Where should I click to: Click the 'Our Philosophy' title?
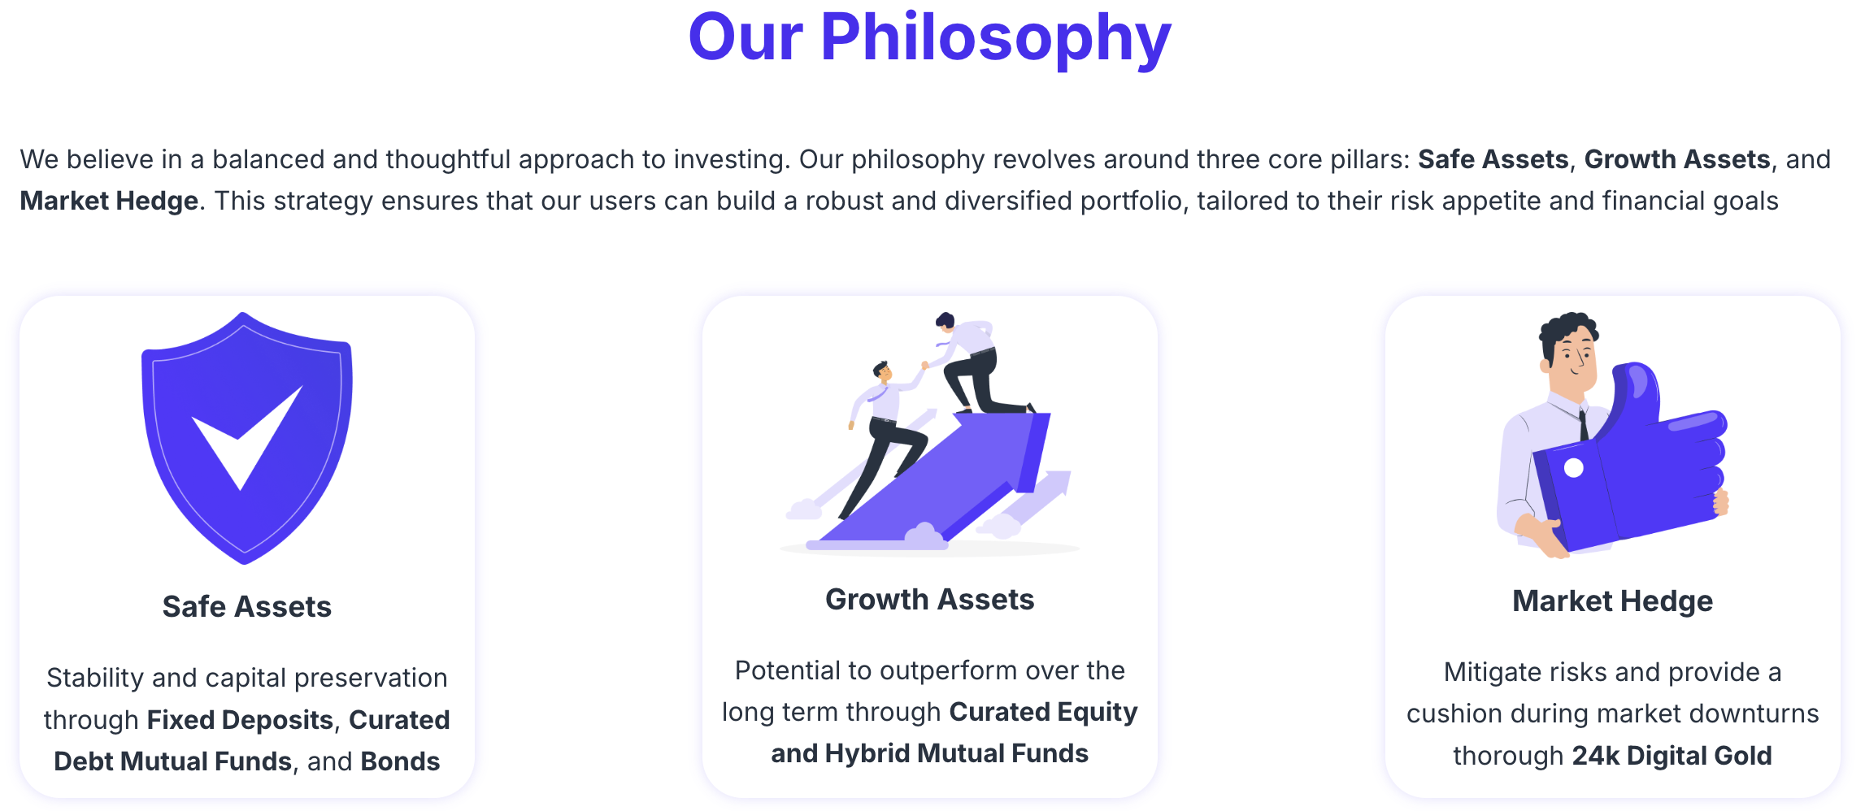[x=929, y=38]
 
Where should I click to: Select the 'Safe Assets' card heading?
[x=247, y=607]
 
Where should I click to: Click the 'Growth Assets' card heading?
[x=929, y=600]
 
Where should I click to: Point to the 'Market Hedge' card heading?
[x=1612, y=601]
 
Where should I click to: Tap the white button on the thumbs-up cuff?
[x=1574, y=468]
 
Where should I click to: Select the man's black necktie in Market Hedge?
[x=1584, y=424]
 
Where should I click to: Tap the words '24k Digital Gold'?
[x=1672, y=756]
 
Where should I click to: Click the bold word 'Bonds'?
[x=400, y=761]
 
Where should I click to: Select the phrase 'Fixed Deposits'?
[x=240, y=720]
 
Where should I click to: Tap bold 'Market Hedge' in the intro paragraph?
[x=109, y=201]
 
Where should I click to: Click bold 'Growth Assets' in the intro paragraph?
[x=1677, y=159]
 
